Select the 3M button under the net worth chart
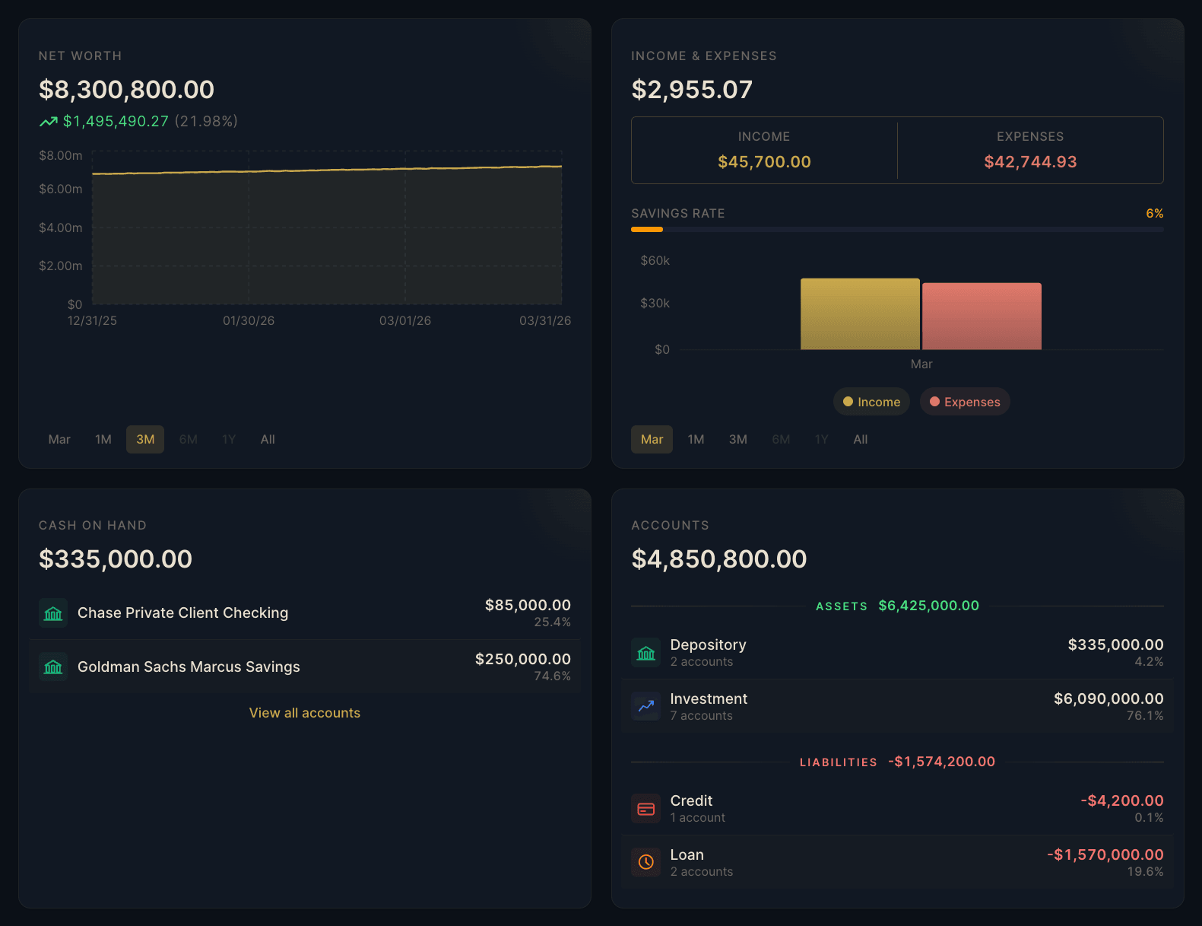[x=145, y=439]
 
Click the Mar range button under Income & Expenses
[x=652, y=439]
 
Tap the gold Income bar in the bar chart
[x=860, y=314]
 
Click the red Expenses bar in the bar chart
[x=982, y=317]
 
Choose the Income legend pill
[x=872, y=402]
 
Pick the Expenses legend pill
[x=965, y=402]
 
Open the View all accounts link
[x=305, y=713]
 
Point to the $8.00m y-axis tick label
[x=61, y=155]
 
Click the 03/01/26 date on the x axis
[x=405, y=321]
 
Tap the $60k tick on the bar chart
[x=655, y=260]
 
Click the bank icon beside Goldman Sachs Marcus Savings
[x=53, y=667]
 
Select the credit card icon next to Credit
[x=646, y=809]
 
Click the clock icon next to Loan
[x=646, y=862]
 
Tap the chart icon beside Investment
[x=646, y=706]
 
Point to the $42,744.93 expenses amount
[x=1030, y=161]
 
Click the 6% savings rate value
[x=1154, y=213]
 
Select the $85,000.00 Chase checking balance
[x=528, y=605]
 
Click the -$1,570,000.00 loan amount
[x=1105, y=854]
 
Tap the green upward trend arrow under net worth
[x=49, y=122]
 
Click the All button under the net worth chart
[x=268, y=439]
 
